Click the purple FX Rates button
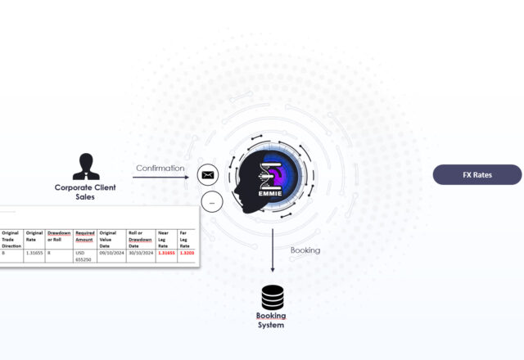click(x=477, y=175)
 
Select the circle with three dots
click(x=212, y=201)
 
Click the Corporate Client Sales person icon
click(x=85, y=166)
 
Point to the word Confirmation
click(x=159, y=169)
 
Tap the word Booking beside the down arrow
click(x=305, y=250)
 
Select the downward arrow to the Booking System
click(x=273, y=250)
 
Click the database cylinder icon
click(x=273, y=297)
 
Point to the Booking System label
click(x=271, y=320)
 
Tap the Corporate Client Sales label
click(x=85, y=191)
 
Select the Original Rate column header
click(x=34, y=236)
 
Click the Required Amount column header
click(x=85, y=236)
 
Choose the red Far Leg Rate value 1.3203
click(x=187, y=254)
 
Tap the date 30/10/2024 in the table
click(x=139, y=254)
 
